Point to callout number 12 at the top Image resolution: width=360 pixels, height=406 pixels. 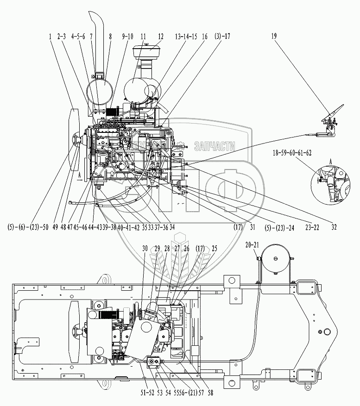pos(160,36)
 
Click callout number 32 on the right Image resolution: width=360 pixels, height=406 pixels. pos(334,227)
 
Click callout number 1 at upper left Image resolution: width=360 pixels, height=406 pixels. pos(49,36)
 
